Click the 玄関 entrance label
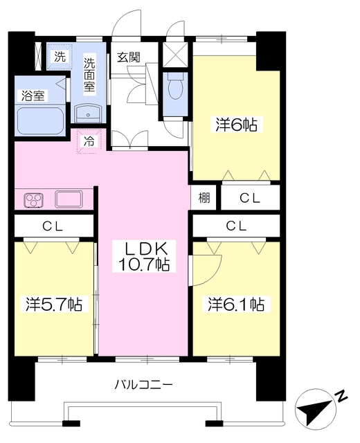tap(128, 57)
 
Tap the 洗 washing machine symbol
tap(59, 57)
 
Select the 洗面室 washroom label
tap(90, 74)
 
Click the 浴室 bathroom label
tap(32, 96)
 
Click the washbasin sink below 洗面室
tap(88, 114)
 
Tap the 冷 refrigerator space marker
tap(90, 139)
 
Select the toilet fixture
tap(176, 86)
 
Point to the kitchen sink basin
tap(69, 199)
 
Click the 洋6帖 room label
tap(236, 125)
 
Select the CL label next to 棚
tap(250, 198)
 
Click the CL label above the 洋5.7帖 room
tap(52, 226)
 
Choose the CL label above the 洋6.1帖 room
tap(236, 226)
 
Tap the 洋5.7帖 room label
tap(55, 304)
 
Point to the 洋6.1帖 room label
tap(236, 304)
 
